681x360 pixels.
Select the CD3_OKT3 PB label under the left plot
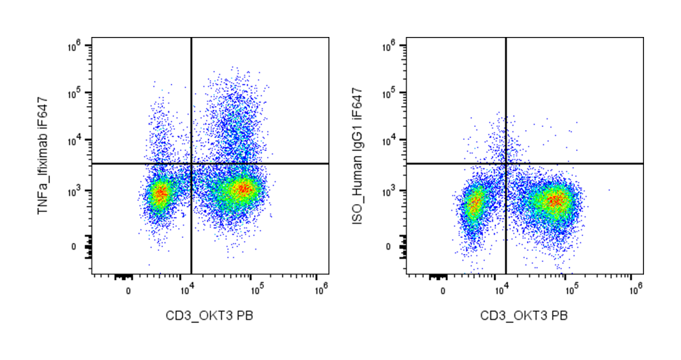pyautogui.click(x=209, y=316)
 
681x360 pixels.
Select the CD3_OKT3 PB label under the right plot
pyautogui.click(x=524, y=316)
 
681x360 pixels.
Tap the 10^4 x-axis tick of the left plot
pyautogui.click(x=186, y=288)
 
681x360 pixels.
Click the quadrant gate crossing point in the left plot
pyautogui.click(x=191, y=163)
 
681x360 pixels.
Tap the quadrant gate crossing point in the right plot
pyautogui.click(x=506, y=163)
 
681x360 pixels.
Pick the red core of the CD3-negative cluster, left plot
pyautogui.click(x=160, y=195)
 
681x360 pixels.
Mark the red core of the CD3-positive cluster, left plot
pyautogui.click(x=242, y=189)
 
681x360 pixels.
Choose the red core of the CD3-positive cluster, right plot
pyautogui.click(x=555, y=200)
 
